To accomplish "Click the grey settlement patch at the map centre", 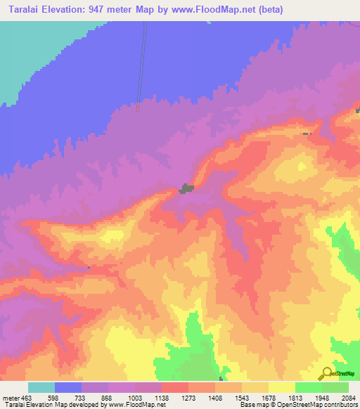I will pyautogui.click(x=186, y=188).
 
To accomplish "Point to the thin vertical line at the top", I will pyautogui.click(x=143, y=63).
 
